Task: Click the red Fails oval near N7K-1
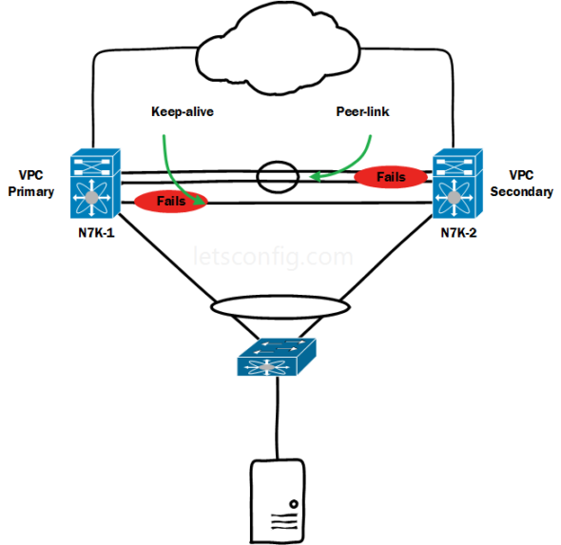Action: pos(171,202)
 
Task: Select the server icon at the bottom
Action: pos(277,500)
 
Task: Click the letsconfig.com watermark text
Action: pos(273,257)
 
